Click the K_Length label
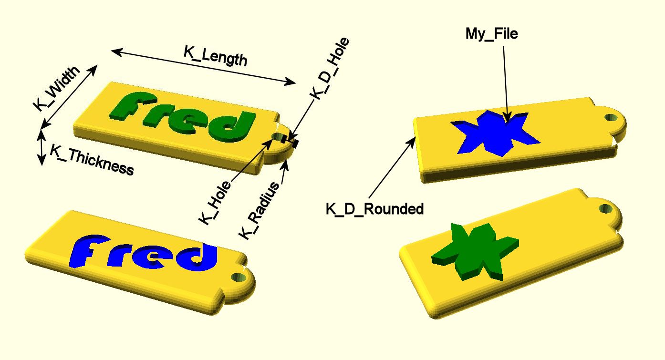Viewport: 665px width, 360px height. pyautogui.click(x=216, y=56)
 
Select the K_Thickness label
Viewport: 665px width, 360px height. pyautogui.click(x=92, y=160)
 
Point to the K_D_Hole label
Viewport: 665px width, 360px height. pyautogui.click(x=330, y=68)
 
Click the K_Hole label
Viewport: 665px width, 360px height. pyautogui.click(x=215, y=203)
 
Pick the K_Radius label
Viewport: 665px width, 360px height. pyautogui.click(x=259, y=211)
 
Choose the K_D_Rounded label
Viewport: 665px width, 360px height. pyautogui.click(x=374, y=209)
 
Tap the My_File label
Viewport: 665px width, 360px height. pyautogui.click(x=492, y=33)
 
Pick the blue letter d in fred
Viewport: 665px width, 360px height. pyautogui.click(x=199, y=257)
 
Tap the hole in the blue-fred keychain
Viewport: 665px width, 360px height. pyautogui.click(x=239, y=278)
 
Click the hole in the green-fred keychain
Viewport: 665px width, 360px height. pyautogui.click(x=278, y=137)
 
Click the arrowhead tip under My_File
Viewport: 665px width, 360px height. pyautogui.click(x=508, y=122)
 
